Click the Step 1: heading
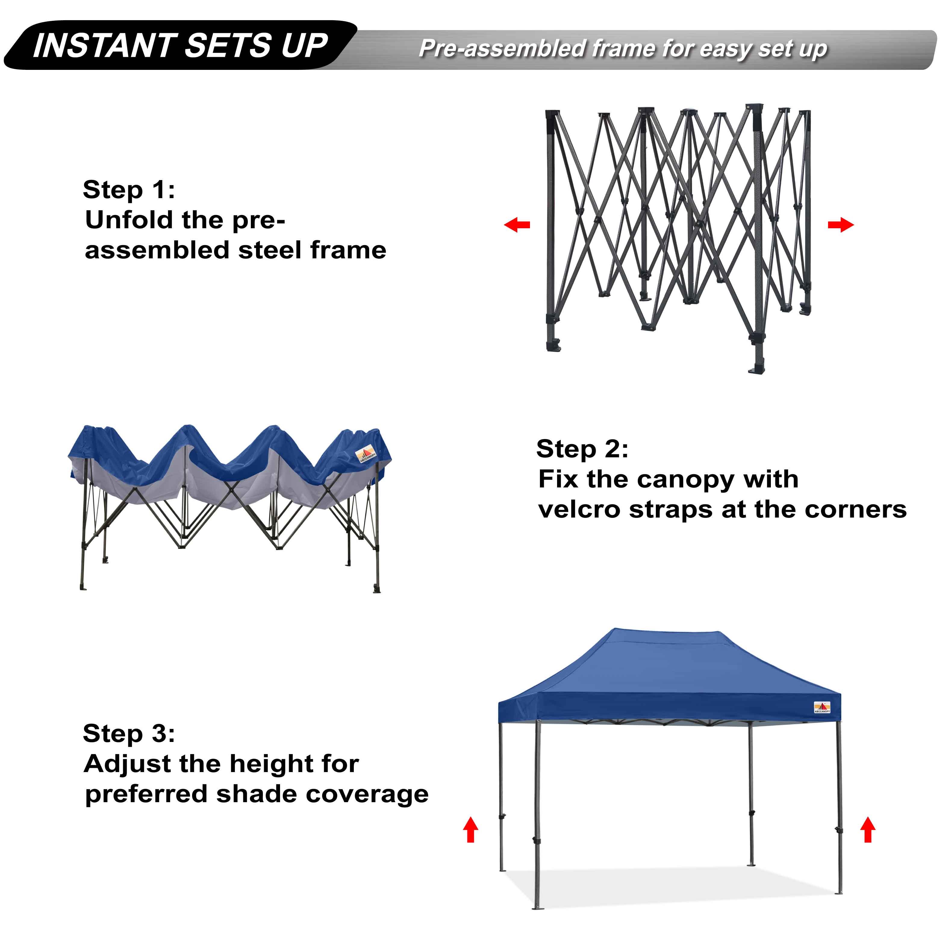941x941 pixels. [129, 189]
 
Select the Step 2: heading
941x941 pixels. [582, 449]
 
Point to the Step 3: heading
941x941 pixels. [129, 733]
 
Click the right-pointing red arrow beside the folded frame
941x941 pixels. [841, 225]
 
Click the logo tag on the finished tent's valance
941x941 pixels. [822, 708]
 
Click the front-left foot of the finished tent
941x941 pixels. [538, 907]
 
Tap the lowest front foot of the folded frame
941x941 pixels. [756, 368]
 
